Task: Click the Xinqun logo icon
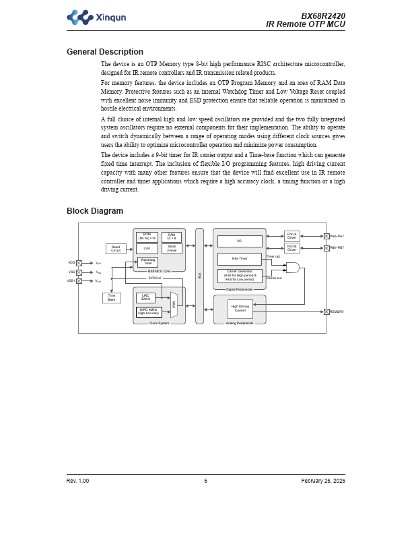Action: click(x=79, y=18)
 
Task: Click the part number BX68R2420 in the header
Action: click(x=323, y=16)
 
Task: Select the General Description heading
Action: click(x=105, y=52)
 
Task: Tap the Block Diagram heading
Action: click(x=95, y=211)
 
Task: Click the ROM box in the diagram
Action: click(x=147, y=237)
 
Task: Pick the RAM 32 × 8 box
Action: click(x=172, y=237)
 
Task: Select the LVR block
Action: click(x=147, y=249)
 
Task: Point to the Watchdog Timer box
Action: click(x=147, y=262)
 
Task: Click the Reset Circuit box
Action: click(x=116, y=249)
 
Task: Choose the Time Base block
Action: click(x=112, y=297)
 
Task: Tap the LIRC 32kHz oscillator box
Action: click(x=145, y=297)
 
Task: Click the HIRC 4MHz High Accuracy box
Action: click(x=149, y=311)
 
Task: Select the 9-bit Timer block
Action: click(x=240, y=259)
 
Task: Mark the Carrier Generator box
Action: click(x=240, y=276)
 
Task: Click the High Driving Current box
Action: click(x=240, y=309)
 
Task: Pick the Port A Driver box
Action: click(x=292, y=236)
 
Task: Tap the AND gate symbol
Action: click(x=293, y=268)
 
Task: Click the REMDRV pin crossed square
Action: click(x=327, y=311)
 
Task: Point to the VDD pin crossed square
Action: click(x=79, y=263)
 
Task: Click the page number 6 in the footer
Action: click(x=206, y=481)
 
